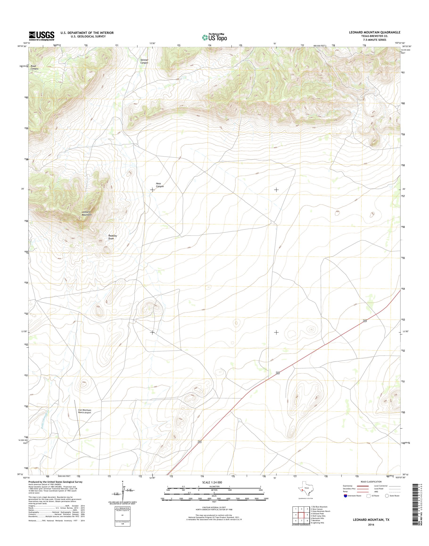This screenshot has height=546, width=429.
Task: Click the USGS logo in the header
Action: [x=41, y=36]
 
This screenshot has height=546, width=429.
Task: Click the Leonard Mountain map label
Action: [x=86, y=213]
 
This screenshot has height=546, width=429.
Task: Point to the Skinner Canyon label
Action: [x=144, y=61]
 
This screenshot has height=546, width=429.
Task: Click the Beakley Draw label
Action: [x=112, y=237]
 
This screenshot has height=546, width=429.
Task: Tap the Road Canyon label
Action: [x=34, y=67]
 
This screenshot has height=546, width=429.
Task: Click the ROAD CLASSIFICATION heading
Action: [x=371, y=482]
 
